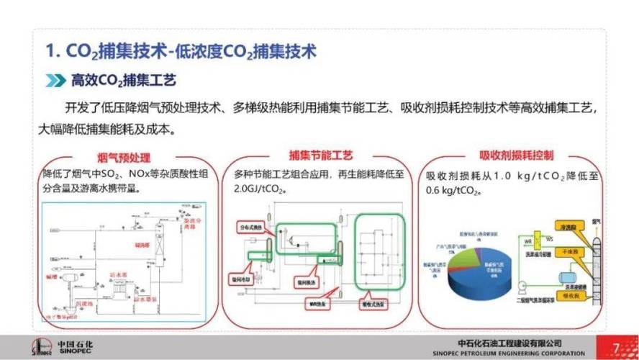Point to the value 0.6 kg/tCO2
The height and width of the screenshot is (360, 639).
(453, 191)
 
